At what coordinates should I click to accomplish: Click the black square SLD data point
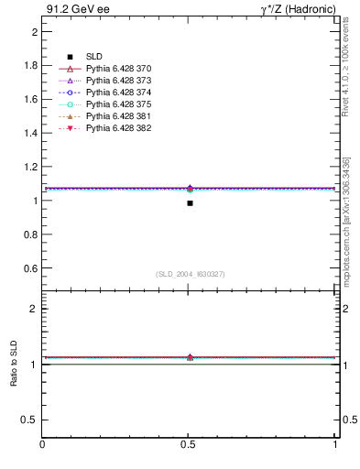(190, 202)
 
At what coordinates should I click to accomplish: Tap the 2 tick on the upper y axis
(34, 32)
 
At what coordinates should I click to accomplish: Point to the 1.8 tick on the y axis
(31, 66)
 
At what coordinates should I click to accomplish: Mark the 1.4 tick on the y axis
(31, 133)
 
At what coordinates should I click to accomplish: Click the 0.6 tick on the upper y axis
(31, 268)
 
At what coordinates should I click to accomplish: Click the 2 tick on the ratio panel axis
(34, 309)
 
